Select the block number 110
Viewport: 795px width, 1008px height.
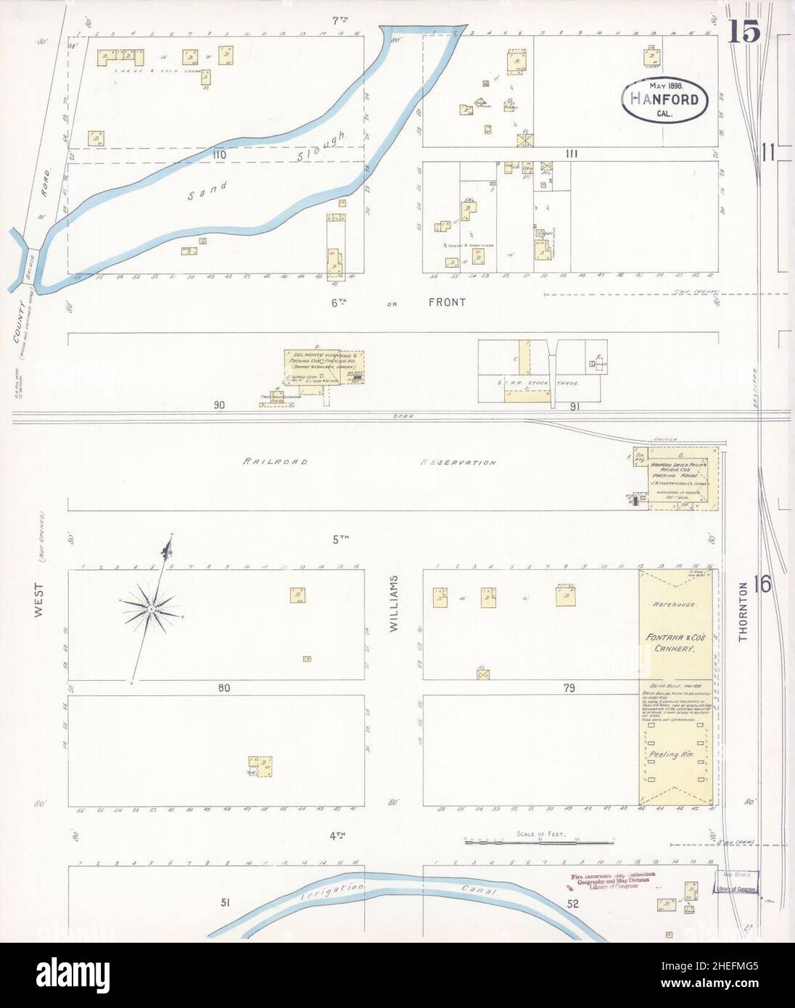pos(220,154)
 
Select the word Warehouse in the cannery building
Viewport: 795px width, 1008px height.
pos(673,603)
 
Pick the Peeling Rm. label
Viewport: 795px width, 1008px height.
pos(674,755)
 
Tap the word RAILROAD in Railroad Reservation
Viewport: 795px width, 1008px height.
pos(276,461)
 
